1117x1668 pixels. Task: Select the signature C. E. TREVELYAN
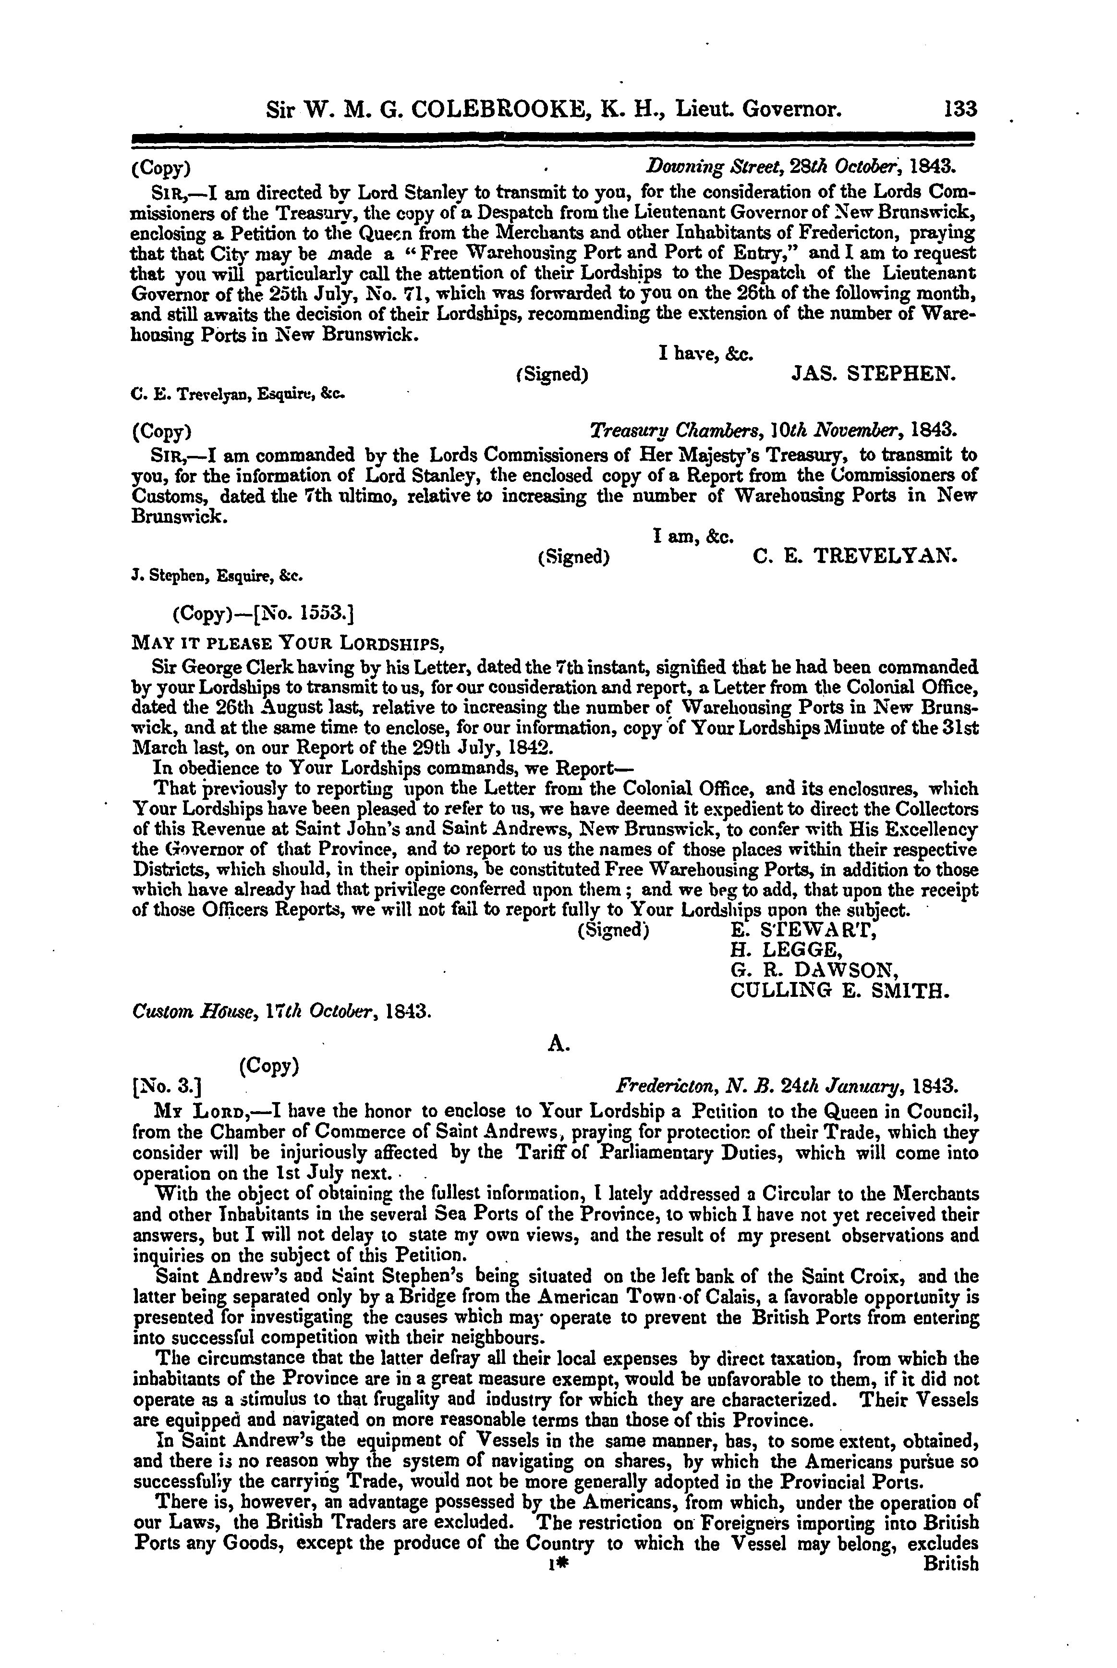(855, 556)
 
